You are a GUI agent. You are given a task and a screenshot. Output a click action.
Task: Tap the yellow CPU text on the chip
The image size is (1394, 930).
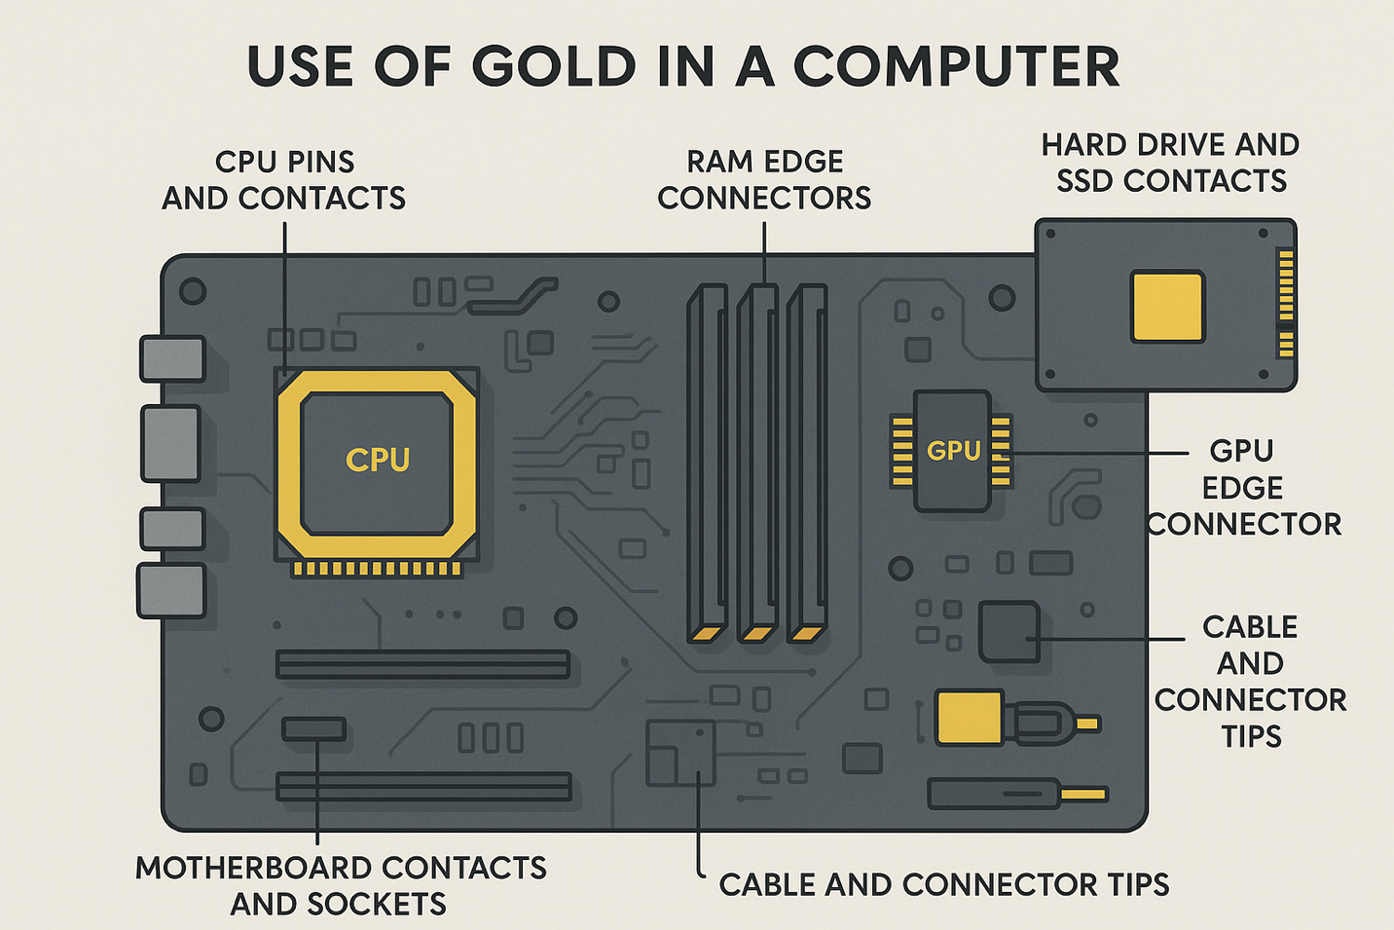378,460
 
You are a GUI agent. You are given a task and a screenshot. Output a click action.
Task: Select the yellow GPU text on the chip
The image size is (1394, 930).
953,451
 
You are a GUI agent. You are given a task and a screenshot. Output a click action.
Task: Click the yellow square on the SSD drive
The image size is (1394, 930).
1167,307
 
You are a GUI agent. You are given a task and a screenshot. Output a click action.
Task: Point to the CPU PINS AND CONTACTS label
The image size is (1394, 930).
283,180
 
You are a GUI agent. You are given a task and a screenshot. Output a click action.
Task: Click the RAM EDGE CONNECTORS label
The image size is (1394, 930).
764,180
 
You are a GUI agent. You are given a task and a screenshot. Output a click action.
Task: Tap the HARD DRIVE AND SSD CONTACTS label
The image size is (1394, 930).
1170,163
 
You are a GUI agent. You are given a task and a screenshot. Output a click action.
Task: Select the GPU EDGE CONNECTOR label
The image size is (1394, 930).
1243,487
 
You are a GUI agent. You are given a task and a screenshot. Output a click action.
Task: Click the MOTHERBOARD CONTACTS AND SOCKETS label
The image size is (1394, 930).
340,885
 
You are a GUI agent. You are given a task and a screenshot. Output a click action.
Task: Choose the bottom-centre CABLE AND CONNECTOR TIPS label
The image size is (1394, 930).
943,884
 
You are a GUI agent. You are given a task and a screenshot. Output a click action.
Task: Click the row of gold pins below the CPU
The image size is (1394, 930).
378,569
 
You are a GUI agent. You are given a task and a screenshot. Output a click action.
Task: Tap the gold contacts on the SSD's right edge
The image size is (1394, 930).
1286,302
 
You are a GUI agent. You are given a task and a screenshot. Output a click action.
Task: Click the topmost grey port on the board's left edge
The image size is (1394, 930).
172,358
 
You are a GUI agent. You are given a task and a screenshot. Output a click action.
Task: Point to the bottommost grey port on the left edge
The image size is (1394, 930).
171,590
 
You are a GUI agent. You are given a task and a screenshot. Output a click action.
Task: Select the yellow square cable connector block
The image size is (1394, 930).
969,719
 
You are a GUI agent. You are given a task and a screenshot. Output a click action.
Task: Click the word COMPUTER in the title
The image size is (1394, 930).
956,66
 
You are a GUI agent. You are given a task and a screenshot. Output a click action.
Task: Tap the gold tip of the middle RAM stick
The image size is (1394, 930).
756,634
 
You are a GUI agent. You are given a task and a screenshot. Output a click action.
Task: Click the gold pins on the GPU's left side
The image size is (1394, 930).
902,451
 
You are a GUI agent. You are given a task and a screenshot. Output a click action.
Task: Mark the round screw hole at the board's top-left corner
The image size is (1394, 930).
193,290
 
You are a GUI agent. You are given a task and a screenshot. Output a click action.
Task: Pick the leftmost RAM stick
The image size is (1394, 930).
707,458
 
